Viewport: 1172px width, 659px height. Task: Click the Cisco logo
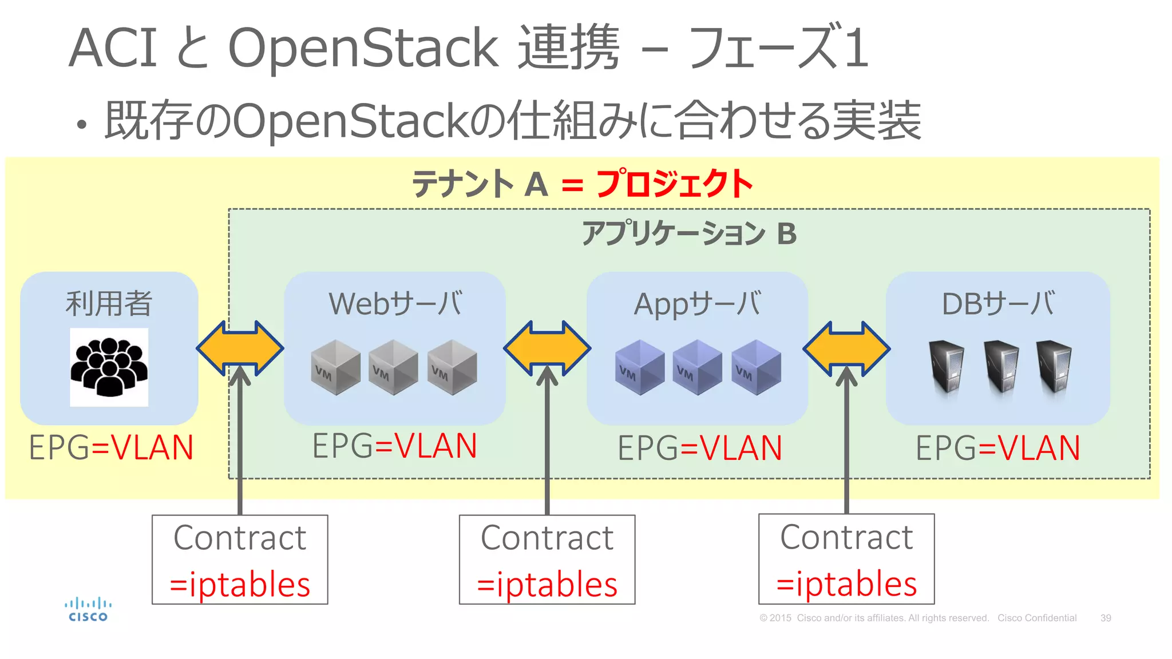88,610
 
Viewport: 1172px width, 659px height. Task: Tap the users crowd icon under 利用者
109,367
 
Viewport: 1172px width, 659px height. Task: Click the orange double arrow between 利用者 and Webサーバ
240,348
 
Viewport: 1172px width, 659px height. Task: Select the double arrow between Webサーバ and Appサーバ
547,348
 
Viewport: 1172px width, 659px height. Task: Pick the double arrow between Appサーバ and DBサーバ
846,348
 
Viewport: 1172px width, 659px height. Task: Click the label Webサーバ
395,303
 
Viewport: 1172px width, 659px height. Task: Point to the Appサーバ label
697,303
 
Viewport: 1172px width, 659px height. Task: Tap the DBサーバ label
997,303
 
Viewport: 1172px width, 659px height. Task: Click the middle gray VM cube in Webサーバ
393,367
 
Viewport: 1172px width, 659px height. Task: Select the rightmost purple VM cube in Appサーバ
756,367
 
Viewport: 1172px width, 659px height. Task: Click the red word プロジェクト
674,184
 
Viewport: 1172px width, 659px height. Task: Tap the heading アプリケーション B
689,233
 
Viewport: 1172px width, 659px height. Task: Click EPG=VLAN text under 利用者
111,447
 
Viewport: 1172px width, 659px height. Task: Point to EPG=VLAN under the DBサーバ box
997,448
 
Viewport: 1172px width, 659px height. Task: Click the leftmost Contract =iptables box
240,559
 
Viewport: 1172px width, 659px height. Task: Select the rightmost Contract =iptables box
846,559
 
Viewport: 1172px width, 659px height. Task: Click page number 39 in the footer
1106,618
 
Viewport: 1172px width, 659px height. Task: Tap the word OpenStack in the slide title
363,48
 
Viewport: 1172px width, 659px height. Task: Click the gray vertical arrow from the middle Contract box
547,446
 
